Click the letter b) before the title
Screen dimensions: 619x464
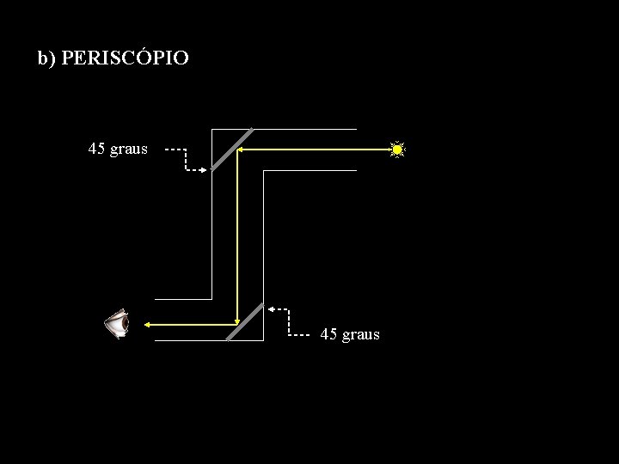click(46, 58)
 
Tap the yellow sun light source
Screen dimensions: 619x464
click(397, 150)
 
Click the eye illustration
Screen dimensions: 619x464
click(117, 325)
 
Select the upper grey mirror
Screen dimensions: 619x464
click(232, 150)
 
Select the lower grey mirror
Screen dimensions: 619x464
click(245, 321)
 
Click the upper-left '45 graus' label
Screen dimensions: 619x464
click(118, 149)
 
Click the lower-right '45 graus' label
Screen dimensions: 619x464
click(350, 334)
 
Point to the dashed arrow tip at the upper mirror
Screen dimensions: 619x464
click(205, 170)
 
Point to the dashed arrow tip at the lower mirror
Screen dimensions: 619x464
click(270, 307)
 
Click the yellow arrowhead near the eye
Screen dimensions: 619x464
click(147, 324)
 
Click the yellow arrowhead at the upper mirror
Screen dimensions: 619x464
click(240, 150)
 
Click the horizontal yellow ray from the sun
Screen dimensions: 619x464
click(318, 150)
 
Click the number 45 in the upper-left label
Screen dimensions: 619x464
click(97, 149)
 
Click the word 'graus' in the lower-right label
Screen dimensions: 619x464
click(361, 334)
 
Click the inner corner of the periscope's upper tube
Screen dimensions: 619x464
click(264, 171)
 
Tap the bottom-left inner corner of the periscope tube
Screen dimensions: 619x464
click(211, 299)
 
